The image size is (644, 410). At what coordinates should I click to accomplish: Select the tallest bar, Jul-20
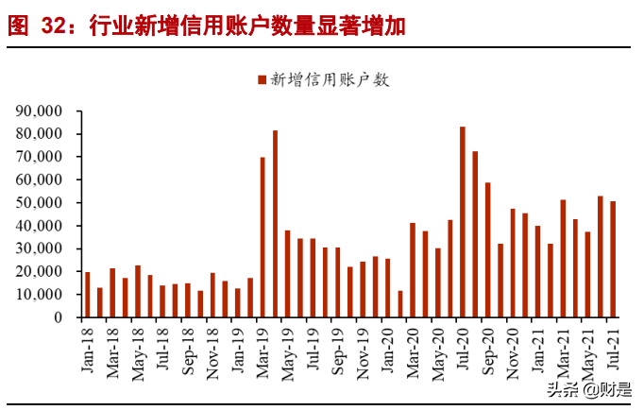tap(462, 222)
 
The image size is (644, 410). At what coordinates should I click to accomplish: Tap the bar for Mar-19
tap(263, 237)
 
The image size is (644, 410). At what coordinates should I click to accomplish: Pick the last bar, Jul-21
tap(613, 259)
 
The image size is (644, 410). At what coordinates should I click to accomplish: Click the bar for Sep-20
tap(487, 249)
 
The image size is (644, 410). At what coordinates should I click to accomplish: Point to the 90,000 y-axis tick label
tap(39, 111)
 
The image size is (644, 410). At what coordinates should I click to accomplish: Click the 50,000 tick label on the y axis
tap(39, 202)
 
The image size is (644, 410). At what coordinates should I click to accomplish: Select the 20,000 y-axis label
tap(39, 271)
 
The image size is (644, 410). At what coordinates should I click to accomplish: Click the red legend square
tap(261, 80)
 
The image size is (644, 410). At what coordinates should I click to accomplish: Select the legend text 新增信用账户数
tap(330, 80)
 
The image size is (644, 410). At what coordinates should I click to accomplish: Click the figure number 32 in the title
tap(53, 26)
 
